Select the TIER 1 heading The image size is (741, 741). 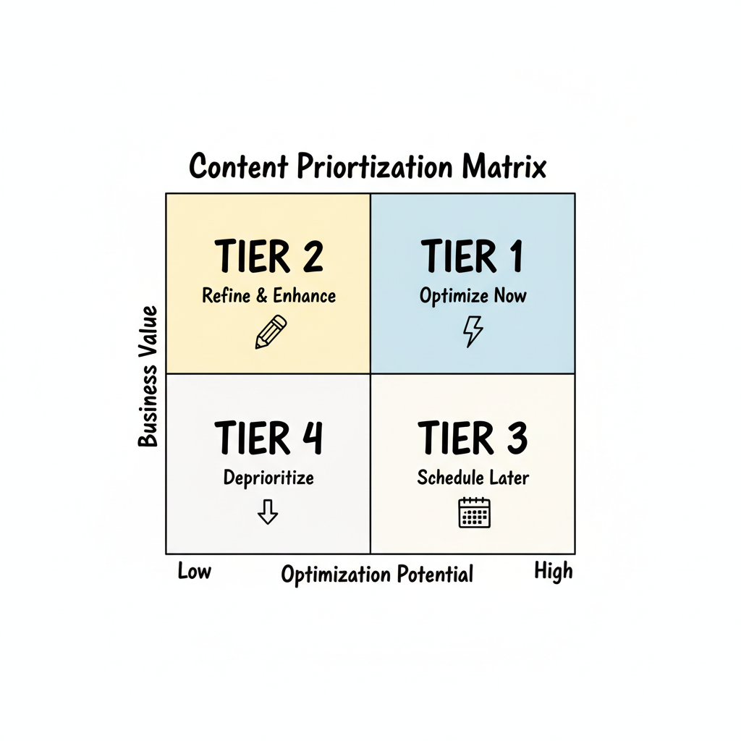coord(473,257)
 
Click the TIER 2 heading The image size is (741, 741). coord(268,257)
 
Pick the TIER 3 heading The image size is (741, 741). coord(473,439)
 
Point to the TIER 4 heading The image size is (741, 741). coord(268,439)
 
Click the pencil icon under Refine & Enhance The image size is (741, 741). coord(271,332)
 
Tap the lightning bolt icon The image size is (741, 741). coord(473,332)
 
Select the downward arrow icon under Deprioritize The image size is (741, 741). coord(268,512)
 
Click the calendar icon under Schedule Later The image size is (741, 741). coord(475,512)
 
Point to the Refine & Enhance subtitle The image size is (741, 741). coord(268,296)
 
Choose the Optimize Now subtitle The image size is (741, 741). coord(473,296)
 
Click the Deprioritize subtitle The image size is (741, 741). coord(268,478)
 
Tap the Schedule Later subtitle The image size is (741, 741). coord(473,478)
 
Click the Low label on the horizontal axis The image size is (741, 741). coord(194,572)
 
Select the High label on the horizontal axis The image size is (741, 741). coord(554,571)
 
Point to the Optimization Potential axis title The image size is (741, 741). coord(377,575)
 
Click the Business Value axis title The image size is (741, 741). coord(148,376)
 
